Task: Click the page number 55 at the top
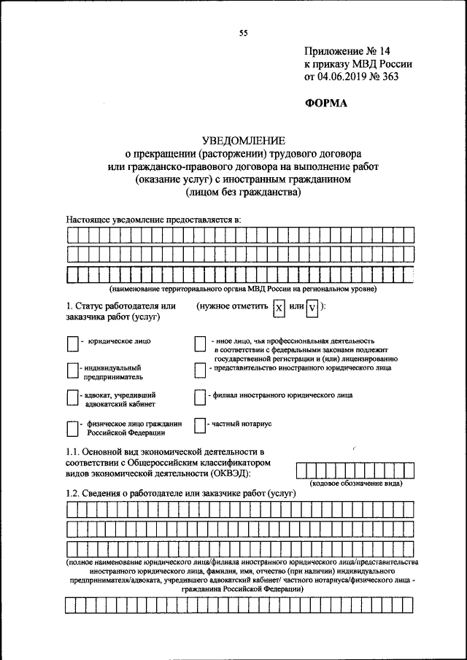tap(243, 32)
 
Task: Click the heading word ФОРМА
tap(326, 103)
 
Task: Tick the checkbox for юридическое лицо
tap(72, 343)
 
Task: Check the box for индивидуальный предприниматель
tap(72, 371)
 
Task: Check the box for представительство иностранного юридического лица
tap(200, 370)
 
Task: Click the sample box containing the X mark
tap(278, 309)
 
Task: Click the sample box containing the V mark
tap(312, 309)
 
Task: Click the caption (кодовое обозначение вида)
tap(357, 484)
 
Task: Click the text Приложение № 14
tap(347, 51)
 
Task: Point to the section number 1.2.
tap(74, 494)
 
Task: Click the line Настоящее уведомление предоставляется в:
tap(153, 218)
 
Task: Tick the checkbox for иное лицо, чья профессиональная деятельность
tap(200, 343)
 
